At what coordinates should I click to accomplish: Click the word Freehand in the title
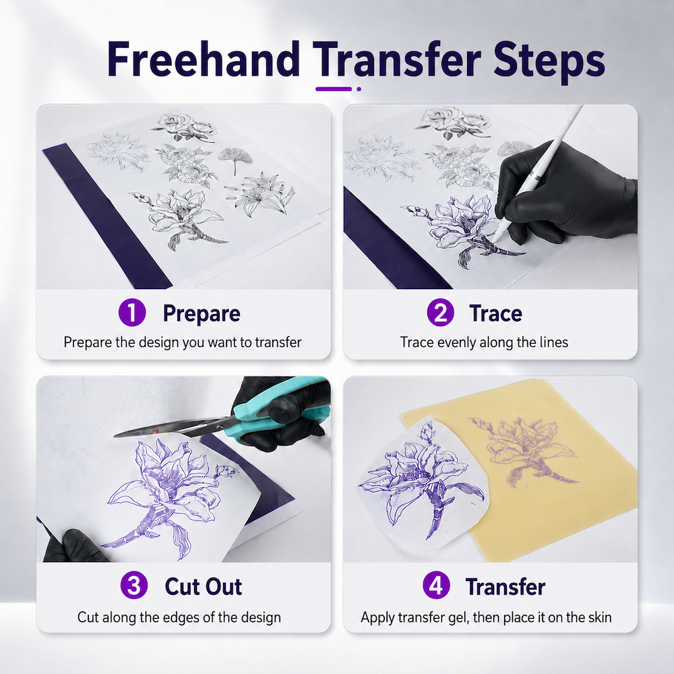pos(204,59)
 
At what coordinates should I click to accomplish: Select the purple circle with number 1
pos(132,313)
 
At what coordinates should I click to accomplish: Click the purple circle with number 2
pos(440,313)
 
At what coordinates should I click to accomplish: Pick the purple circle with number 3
pos(134,586)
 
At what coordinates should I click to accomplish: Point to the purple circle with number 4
pos(436,586)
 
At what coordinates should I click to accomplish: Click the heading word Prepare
pos(201,314)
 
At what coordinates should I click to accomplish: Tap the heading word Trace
pos(495,313)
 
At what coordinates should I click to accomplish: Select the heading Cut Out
pos(204,586)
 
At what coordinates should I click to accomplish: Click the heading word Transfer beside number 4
pos(505,586)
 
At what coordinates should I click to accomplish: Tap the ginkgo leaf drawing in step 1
pos(235,160)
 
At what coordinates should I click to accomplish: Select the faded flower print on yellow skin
pos(522,452)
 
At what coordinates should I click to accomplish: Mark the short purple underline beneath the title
pos(334,89)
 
